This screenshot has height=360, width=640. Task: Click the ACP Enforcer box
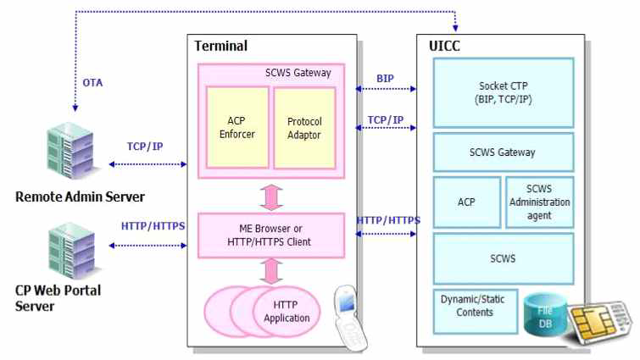[237, 127]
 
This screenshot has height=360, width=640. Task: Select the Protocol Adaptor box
[304, 127]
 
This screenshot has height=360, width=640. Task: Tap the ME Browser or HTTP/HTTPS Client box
[271, 235]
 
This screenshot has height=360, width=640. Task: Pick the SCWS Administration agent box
[539, 202]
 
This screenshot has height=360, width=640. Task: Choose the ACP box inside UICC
[466, 202]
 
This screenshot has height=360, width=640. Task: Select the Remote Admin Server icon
[73, 157]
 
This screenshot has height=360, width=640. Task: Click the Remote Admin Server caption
[80, 197]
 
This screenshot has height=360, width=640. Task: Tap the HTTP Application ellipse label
[286, 312]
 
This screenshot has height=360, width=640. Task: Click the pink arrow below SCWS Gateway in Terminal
[271, 196]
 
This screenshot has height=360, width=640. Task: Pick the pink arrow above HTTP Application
[271, 272]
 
